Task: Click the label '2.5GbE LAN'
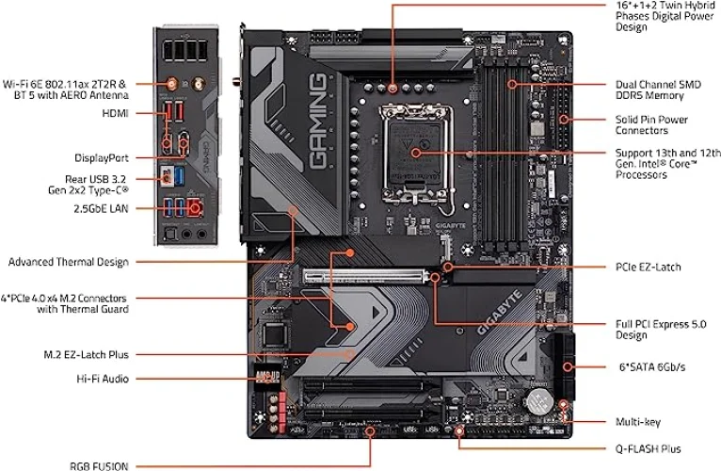(x=101, y=208)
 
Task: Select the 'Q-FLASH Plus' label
(x=648, y=449)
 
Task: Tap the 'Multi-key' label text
(x=638, y=422)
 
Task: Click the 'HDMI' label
(x=115, y=113)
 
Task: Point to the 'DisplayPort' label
(x=102, y=158)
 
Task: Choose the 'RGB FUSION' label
(x=99, y=466)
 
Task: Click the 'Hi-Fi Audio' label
(x=103, y=379)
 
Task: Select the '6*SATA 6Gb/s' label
(x=652, y=367)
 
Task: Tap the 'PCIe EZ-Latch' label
(x=648, y=267)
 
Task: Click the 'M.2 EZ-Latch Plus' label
(x=86, y=355)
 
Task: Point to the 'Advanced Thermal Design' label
(x=69, y=263)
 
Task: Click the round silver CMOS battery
(x=540, y=401)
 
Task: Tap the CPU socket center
(x=416, y=153)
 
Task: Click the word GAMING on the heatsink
(x=318, y=121)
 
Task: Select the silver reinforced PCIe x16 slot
(x=369, y=277)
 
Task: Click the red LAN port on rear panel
(x=195, y=207)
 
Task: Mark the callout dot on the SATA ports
(x=568, y=367)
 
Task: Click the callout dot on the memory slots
(x=512, y=84)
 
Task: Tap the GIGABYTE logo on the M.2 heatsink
(x=500, y=312)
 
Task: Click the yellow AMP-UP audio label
(x=267, y=377)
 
